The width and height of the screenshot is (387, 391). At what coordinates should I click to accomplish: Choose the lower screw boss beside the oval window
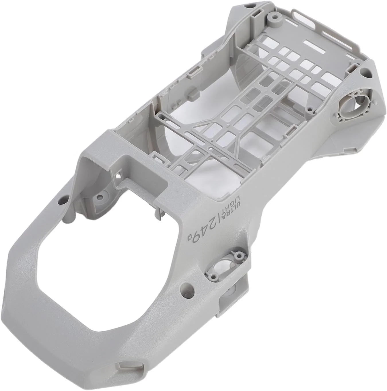[213, 276]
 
